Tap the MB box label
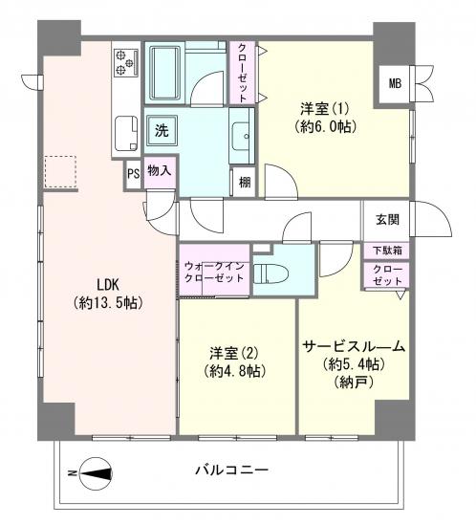pyautogui.click(x=395, y=83)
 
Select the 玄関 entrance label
pyautogui.click(x=387, y=218)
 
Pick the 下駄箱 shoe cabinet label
pyautogui.click(x=387, y=251)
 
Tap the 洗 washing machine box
pyautogui.click(x=162, y=129)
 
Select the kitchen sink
pyautogui.click(x=125, y=130)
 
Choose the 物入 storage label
pyautogui.click(x=161, y=171)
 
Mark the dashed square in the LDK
pyautogui.click(x=61, y=173)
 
